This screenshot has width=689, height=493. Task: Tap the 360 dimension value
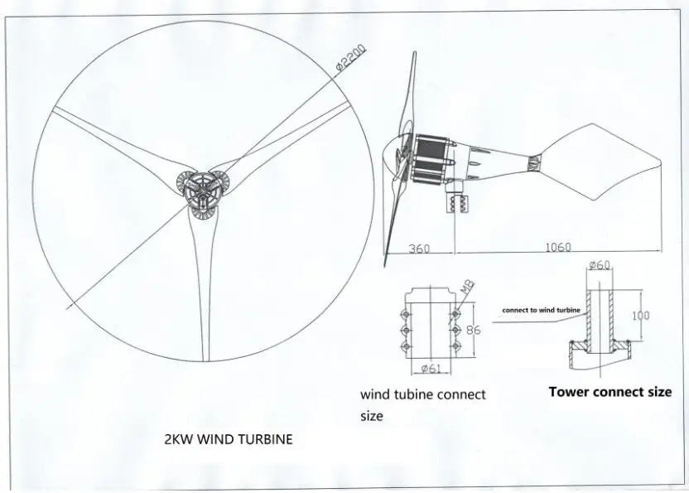click(421, 248)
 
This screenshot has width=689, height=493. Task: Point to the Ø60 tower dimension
click(599, 265)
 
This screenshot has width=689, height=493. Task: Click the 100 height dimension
click(641, 316)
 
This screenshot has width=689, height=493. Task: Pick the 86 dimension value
click(474, 329)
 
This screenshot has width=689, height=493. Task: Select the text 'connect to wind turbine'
click(541, 310)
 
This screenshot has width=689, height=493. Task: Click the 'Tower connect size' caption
click(609, 391)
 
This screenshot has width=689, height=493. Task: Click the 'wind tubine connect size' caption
click(422, 404)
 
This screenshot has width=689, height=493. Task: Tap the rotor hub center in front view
click(200, 191)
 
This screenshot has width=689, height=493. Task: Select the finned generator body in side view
click(431, 158)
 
